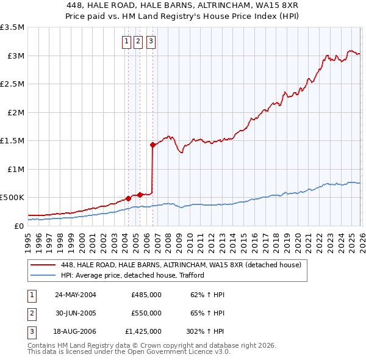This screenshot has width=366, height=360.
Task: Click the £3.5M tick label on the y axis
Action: pos(12,27)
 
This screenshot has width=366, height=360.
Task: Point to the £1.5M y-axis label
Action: pos(12,141)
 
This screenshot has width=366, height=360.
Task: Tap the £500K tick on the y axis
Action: pos(12,198)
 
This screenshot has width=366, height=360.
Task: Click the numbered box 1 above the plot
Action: pos(126,41)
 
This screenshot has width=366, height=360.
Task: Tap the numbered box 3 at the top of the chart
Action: pos(150,41)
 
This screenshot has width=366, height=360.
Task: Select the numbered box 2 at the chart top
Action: pos(138,41)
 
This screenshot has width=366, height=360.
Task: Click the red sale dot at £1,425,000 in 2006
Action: pos(152,145)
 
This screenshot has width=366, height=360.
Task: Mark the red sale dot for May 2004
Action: pos(129,198)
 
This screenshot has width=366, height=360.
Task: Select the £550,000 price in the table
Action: pos(146,313)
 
